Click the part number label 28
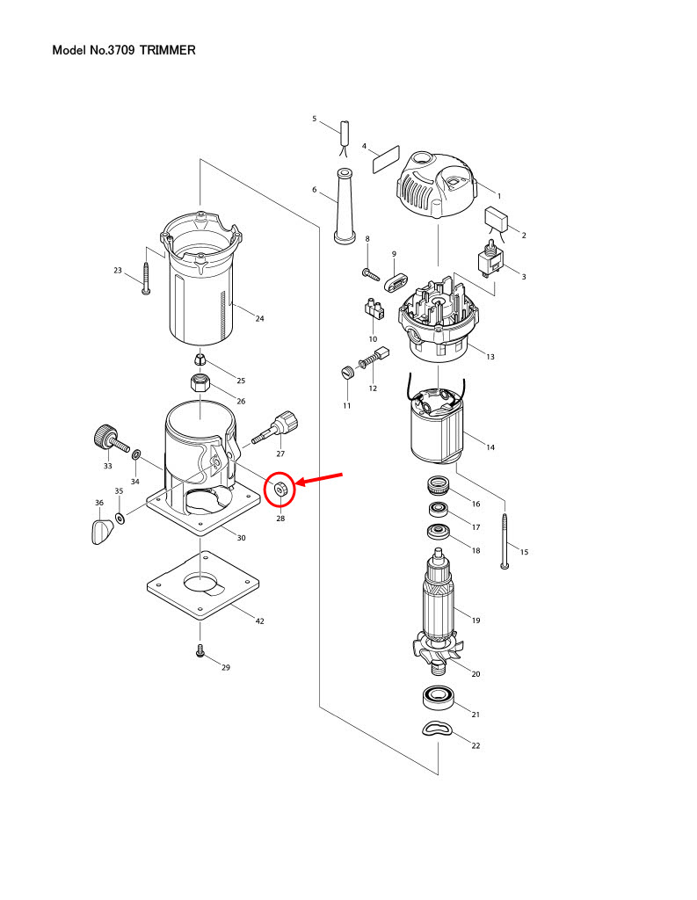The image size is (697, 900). point(280,519)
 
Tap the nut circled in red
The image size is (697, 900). point(280,490)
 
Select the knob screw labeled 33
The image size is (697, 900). point(108,436)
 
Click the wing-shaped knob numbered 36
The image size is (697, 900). point(102,532)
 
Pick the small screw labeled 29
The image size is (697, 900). point(201,652)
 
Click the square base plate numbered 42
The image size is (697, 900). point(205,587)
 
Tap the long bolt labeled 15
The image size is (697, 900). point(504,541)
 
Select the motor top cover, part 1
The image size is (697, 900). point(438,186)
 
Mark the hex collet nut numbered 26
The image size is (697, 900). point(202,384)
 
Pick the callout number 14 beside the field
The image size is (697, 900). point(490,448)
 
